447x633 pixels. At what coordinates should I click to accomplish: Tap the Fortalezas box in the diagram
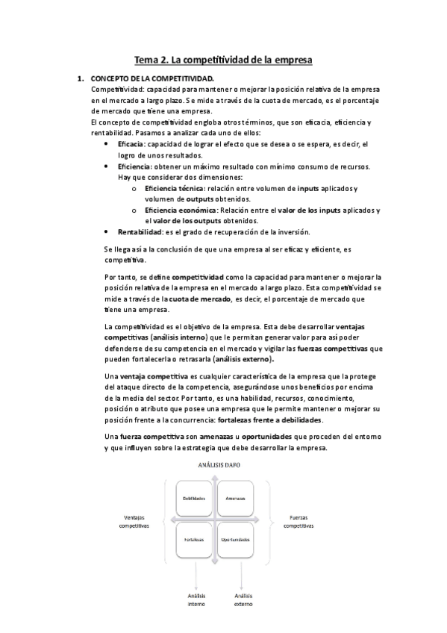[x=195, y=539]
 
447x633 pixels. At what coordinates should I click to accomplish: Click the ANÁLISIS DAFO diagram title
[x=215, y=464]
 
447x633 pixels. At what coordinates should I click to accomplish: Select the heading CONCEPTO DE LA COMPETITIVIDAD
[x=151, y=78]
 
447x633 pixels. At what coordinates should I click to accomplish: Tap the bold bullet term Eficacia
[x=131, y=143]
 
